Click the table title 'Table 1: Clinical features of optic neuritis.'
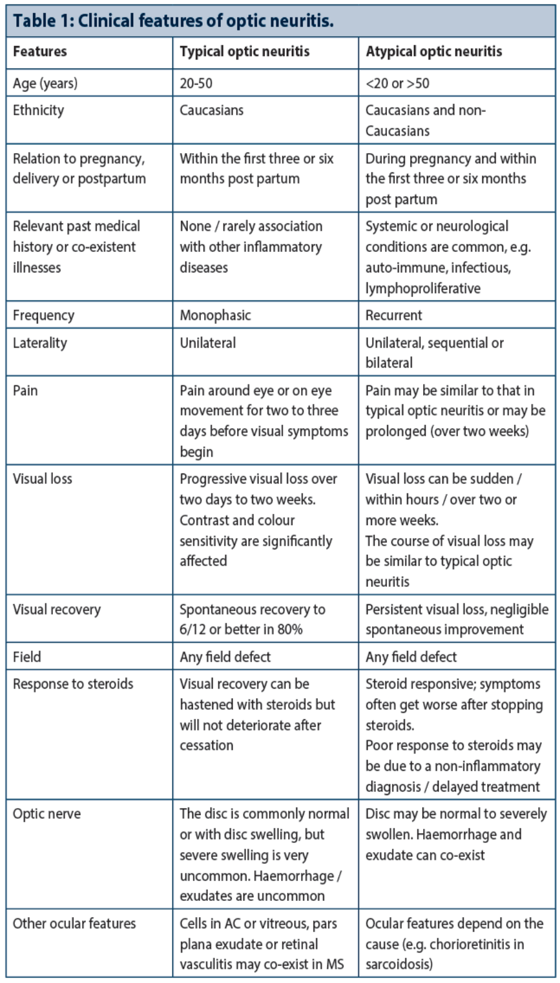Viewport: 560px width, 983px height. [173, 21]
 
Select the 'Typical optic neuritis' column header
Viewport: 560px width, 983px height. [245, 52]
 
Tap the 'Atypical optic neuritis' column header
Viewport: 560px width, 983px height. [434, 52]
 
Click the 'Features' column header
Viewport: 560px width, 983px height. [40, 52]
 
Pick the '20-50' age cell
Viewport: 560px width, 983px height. [196, 83]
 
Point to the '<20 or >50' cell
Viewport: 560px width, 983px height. [397, 83]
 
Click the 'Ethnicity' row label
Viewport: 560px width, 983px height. [39, 111]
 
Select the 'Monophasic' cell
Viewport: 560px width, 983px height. [215, 315]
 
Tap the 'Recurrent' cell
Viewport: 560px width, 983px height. [394, 315]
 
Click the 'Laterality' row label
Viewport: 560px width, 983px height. [40, 343]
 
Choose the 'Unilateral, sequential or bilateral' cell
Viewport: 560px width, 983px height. [434, 353]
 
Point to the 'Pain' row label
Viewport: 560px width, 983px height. [26, 391]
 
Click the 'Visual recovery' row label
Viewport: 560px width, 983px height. [57, 610]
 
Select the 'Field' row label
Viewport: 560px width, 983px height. [27, 657]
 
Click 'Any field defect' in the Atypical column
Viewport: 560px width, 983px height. [411, 657]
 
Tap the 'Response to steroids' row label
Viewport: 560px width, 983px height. [73, 684]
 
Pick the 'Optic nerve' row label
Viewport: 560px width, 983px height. [47, 814]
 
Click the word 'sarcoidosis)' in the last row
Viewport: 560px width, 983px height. [399, 964]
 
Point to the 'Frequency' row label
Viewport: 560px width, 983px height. [44, 315]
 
